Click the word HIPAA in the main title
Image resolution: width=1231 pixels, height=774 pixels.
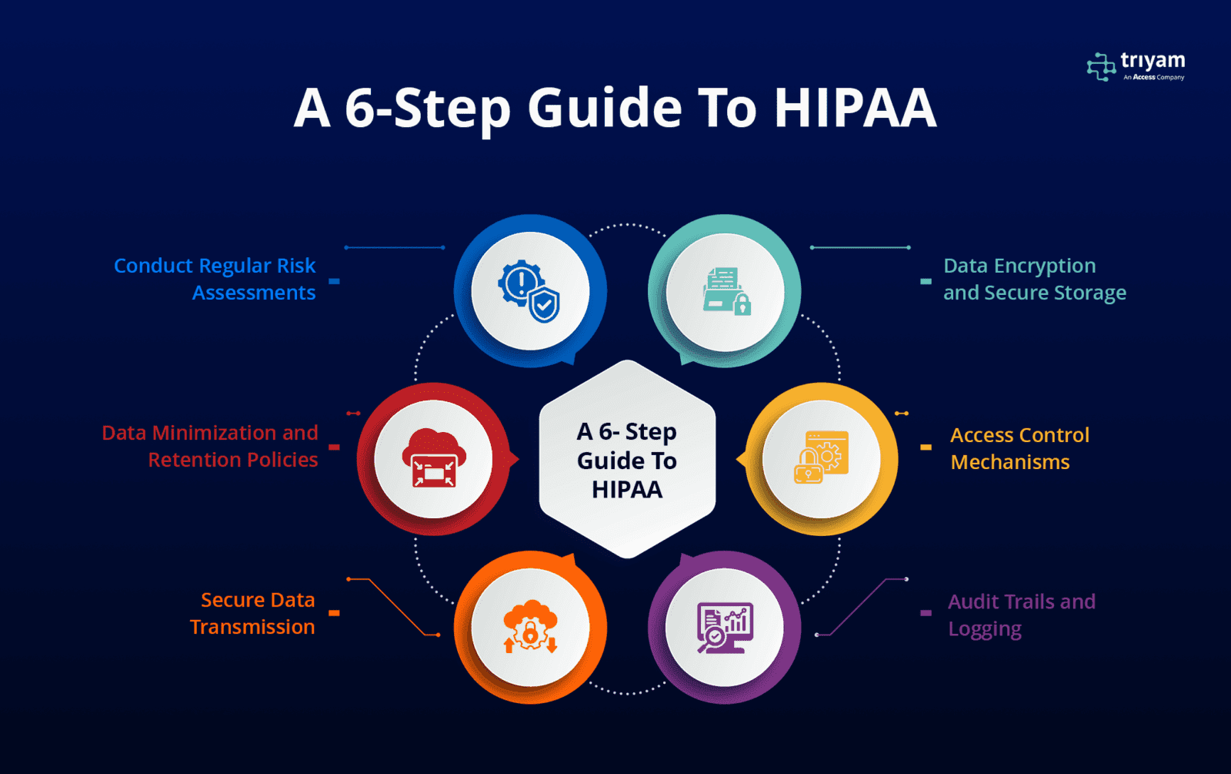click(x=855, y=108)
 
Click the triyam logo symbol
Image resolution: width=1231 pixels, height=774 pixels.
click(x=1101, y=66)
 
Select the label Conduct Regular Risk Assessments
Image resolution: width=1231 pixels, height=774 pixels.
click(x=215, y=279)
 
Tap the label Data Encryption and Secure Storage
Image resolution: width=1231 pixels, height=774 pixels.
click(x=1035, y=279)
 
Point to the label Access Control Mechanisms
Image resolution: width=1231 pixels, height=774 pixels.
click(x=1020, y=448)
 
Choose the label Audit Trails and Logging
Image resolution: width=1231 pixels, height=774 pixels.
click(x=1022, y=615)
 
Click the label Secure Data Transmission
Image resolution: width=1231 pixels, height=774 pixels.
click(x=252, y=613)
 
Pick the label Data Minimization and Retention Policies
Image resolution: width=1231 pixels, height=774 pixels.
click(x=210, y=446)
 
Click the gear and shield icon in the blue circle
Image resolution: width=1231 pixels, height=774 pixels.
click(x=529, y=291)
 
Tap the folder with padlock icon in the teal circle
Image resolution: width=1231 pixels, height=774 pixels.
click(x=726, y=291)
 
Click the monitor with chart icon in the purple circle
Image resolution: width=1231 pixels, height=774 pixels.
click(x=725, y=628)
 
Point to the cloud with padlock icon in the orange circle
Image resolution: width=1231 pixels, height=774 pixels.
click(x=530, y=627)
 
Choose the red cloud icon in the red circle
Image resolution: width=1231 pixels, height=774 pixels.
click(x=434, y=458)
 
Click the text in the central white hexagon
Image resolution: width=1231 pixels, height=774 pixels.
click(x=627, y=461)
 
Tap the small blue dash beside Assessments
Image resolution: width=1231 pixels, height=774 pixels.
click(x=334, y=282)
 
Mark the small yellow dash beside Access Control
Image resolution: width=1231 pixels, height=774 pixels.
click(x=926, y=447)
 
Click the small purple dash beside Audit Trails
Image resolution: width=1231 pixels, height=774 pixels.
click(x=926, y=613)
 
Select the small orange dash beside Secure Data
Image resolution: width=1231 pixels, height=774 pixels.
click(x=334, y=613)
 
